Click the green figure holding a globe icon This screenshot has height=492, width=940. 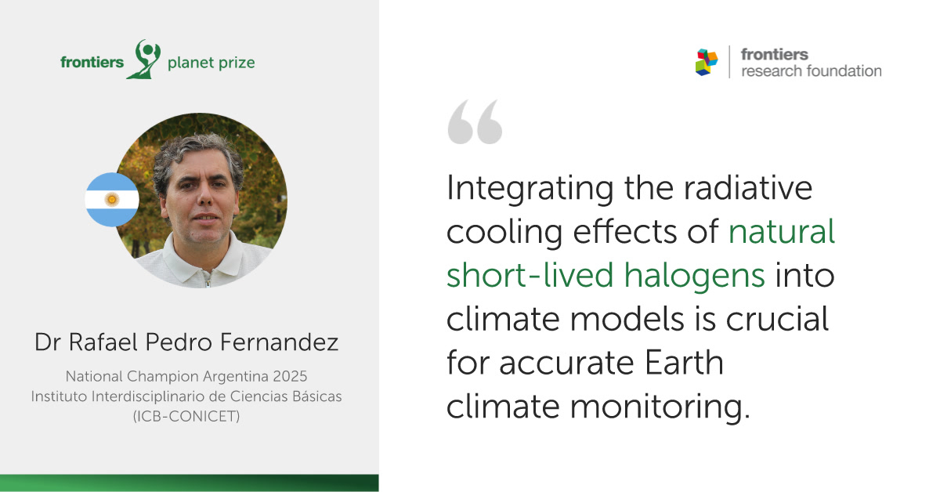(x=144, y=60)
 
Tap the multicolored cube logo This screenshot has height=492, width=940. (x=707, y=62)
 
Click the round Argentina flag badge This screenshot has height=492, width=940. (x=112, y=200)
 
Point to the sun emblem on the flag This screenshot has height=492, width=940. (x=112, y=200)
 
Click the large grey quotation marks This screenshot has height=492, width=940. (x=475, y=121)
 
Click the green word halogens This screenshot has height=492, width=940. (x=695, y=276)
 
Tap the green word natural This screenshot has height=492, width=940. (x=782, y=231)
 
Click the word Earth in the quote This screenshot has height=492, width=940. (x=684, y=363)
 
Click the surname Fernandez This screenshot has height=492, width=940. (x=279, y=342)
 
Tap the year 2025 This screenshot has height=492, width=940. (x=290, y=377)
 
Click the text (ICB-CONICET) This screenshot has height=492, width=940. (x=186, y=417)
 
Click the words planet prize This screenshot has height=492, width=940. (x=211, y=63)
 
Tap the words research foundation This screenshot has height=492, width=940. (x=812, y=71)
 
